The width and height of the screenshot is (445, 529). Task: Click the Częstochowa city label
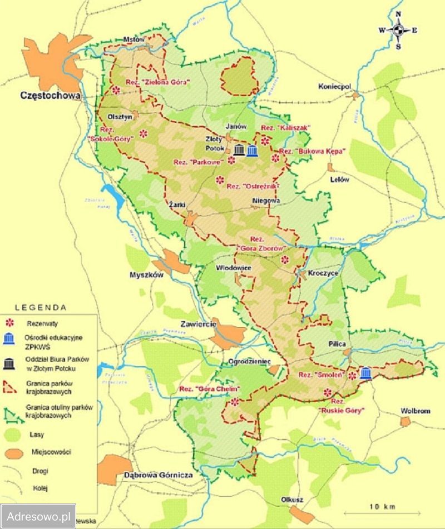pyautogui.click(x=50, y=95)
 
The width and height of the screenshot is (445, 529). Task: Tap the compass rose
pyautogui.click(x=398, y=31)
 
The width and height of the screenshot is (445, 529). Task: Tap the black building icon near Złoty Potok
pyautogui.click(x=240, y=150)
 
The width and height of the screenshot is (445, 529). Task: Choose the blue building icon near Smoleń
pyautogui.click(x=365, y=373)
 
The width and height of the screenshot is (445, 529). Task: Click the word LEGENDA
pyautogui.click(x=41, y=307)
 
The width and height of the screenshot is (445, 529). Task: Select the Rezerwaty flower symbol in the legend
pyautogui.click(x=9, y=323)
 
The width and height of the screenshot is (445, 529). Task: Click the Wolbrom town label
pyautogui.click(x=416, y=411)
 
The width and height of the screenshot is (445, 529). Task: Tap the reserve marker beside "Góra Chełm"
pyautogui.click(x=235, y=401)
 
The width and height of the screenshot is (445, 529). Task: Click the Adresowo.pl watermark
pyautogui.click(x=38, y=516)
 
